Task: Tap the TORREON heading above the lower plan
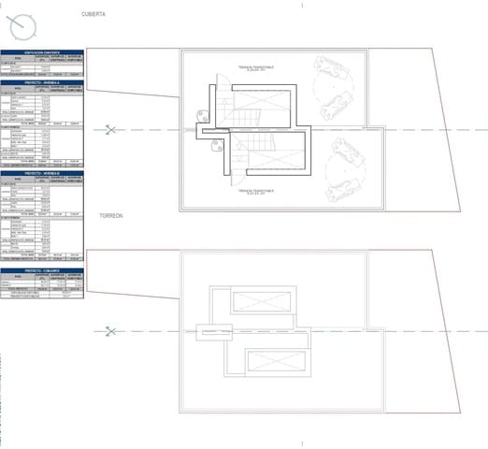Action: pyautogui.click(x=111, y=216)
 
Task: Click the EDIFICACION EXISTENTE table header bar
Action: pyautogui.click(x=42, y=52)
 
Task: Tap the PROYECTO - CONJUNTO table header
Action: pyautogui.click(x=42, y=270)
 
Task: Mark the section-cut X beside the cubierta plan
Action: pyautogui.click(x=111, y=130)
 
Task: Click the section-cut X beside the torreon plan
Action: pyautogui.click(x=111, y=331)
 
